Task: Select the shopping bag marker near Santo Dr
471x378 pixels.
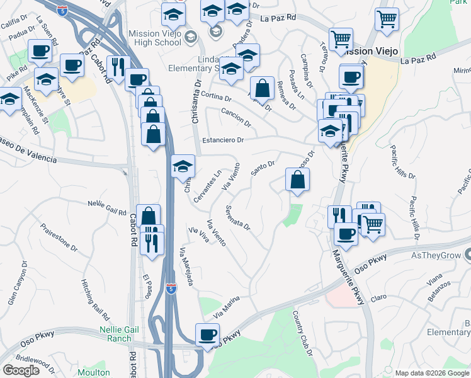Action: [297, 180]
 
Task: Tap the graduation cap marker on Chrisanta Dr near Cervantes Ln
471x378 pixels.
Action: [183, 166]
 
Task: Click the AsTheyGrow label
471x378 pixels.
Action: [434, 256]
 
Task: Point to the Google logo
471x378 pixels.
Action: [21, 370]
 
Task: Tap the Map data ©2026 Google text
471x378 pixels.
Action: [431, 373]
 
